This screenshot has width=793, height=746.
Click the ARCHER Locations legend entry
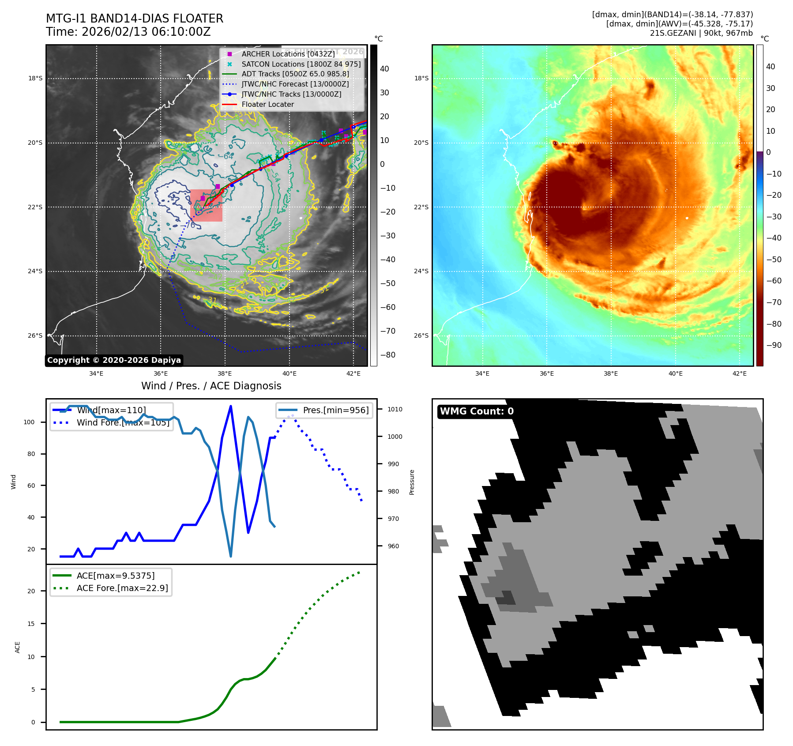[288, 54]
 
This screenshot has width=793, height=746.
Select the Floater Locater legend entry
[267, 104]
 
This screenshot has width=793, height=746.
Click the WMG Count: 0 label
[477, 411]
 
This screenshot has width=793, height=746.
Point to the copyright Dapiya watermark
[114, 360]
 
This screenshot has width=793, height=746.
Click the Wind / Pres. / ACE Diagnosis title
[211, 386]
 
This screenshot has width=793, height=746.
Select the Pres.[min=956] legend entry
[335, 410]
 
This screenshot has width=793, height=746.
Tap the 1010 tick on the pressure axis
[395, 409]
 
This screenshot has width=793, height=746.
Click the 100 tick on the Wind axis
[29, 422]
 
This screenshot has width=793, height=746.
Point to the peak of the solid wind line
[231, 406]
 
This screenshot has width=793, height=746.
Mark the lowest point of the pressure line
[231, 556]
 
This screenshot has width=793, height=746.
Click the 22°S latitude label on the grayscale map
[35, 207]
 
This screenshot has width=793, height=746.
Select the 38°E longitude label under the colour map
[611, 373]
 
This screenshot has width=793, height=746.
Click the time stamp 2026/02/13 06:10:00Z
[146, 32]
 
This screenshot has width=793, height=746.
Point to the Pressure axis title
[412, 482]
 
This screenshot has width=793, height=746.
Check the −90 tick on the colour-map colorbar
[774, 345]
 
